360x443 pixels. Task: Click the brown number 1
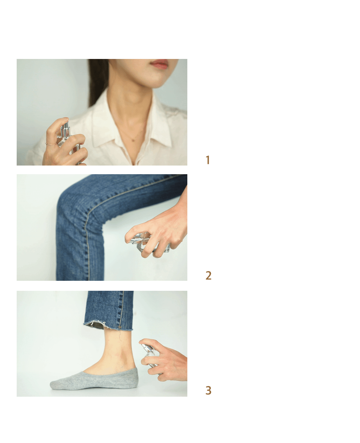click(207, 160)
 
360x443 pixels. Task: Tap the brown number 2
click(208, 275)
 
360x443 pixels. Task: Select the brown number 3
click(208, 390)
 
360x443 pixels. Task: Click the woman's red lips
click(160, 64)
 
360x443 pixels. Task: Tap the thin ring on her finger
click(51, 144)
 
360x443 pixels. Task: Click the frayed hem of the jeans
click(108, 327)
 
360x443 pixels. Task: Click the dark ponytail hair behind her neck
click(97, 81)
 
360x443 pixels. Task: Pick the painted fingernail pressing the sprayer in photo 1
click(66, 119)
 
